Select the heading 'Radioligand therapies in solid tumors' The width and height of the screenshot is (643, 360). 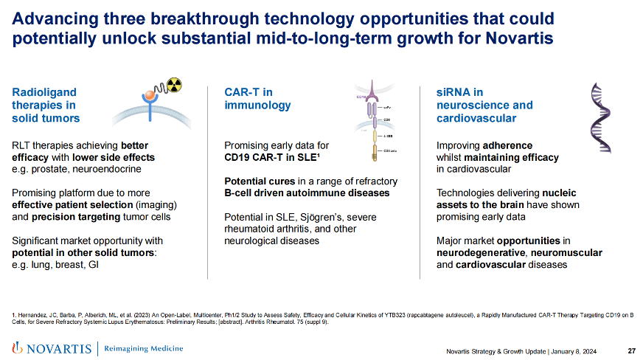coord(46,105)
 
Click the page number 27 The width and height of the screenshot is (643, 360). coord(632,350)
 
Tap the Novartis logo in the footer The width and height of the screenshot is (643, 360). coord(50,348)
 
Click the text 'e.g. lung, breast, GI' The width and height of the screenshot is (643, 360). coord(56,264)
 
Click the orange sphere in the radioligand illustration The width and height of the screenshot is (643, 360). coord(150,97)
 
